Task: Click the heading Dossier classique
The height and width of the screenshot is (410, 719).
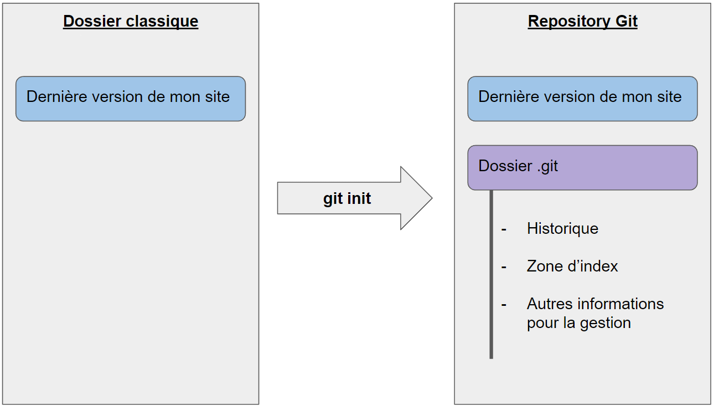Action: click(x=131, y=22)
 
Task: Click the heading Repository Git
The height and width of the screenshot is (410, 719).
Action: click(x=582, y=22)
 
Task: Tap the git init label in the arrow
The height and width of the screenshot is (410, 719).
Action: click(x=347, y=198)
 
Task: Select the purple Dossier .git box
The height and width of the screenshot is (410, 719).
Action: click(x=582, y=167)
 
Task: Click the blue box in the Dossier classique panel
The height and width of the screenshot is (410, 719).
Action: click(x=131, y=99)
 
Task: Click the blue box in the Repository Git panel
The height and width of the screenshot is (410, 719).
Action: click(x=582, y=99)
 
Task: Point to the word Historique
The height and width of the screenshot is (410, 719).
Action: click(x=562, y=228)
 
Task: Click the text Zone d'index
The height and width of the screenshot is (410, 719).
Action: click(x=572, y=266)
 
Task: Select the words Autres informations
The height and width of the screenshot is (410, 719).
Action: click(x=595, y=304)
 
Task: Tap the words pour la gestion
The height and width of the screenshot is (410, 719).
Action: click(x=578, y=322)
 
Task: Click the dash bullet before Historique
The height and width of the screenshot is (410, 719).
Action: click(x=504, y=229)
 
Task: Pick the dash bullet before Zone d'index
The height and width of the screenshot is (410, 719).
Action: click(x=504, y=267)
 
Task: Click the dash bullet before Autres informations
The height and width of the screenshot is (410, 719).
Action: click(x=504, y=305)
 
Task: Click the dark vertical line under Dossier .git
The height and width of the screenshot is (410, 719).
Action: click(x=491, y=277)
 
